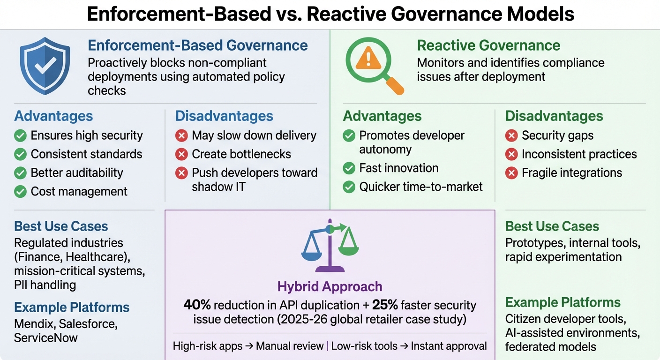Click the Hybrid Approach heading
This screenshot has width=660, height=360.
click(x=330, y=286)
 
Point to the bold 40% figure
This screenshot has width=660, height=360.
click(x=197, y=305)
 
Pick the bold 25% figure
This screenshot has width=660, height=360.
click(x=385, y=305)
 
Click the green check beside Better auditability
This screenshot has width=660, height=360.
click(x=20, y=173)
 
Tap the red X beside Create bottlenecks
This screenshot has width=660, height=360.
click(x=181, y=154)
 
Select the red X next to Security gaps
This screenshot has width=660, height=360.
click(x=511, y=136)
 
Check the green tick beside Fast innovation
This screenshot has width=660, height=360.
click(x=349, y=168)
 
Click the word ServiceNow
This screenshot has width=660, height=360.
click(x=46, y=337)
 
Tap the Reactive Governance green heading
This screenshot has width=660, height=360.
click(x=488, y=45)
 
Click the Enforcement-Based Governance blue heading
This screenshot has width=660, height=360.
click(x=198, y=45)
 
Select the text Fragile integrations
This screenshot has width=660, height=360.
click(x=572, y=172)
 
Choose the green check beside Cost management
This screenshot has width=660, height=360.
click(x=20, y=192)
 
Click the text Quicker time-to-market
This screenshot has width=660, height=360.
click(x=421, y=187)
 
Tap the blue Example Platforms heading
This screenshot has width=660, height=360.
click(x=72, y=307)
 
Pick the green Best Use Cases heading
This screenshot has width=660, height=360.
click(x=552, y=226)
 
